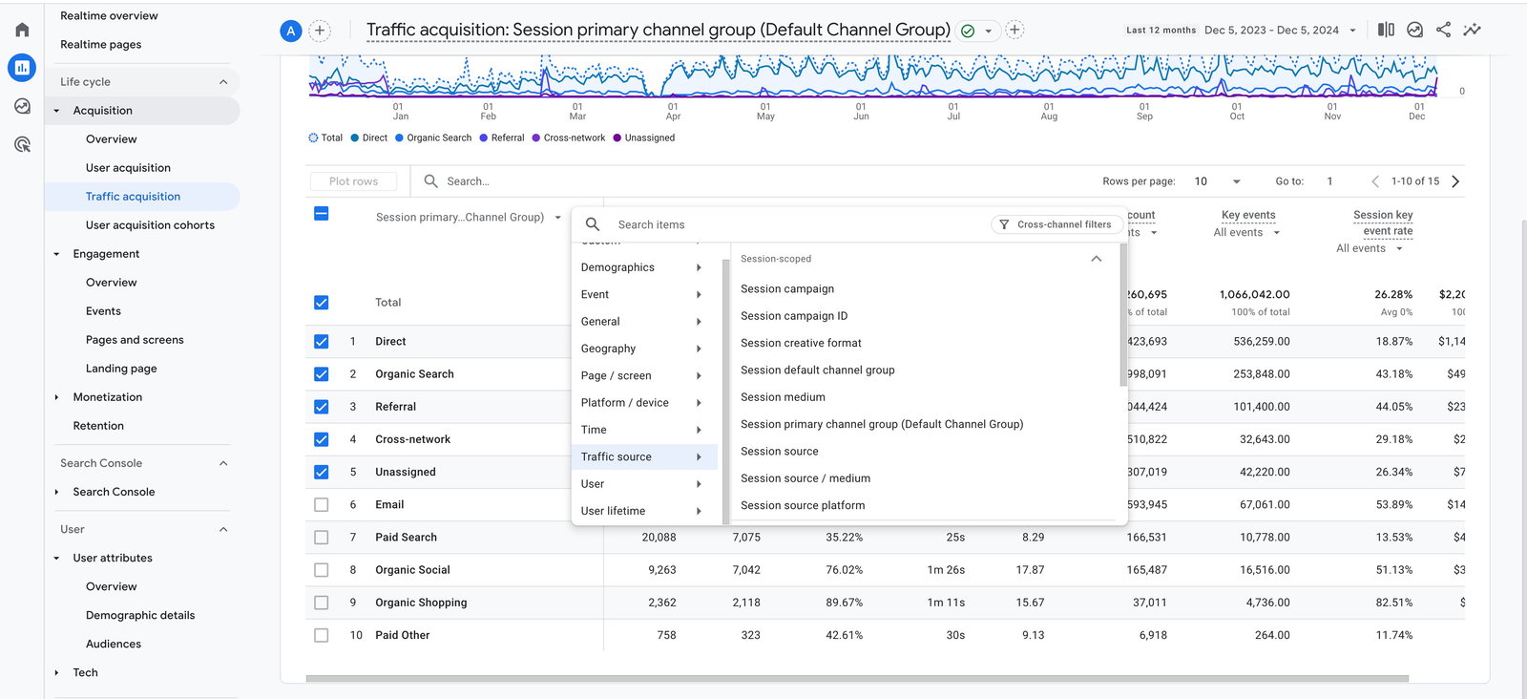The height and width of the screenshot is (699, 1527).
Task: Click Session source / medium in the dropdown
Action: pos(805,478)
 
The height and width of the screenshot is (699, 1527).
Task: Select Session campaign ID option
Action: pos(793,316)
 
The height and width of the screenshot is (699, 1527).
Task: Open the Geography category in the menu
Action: pos(608,349)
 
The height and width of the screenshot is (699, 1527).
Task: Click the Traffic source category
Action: pos(617,456)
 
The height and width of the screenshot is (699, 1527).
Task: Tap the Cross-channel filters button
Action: pos(1056,224)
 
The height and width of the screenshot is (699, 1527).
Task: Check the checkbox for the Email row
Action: pos(322,505)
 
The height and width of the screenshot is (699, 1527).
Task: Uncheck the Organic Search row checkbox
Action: pos(322,374)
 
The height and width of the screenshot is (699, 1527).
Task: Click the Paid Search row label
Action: pos(406,538)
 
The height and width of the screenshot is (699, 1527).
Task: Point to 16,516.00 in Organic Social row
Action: pos(1265,570)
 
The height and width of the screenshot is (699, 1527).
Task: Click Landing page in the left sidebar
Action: pos(121,369)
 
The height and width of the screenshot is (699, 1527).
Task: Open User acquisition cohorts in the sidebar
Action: pos(150,225)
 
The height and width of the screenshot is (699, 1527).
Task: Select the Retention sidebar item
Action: pos(98,426)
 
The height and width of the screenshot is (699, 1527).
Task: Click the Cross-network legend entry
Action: pos(574,138)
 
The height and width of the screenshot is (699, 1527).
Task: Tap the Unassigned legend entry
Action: pos(649,138)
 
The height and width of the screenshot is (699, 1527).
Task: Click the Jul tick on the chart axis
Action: pos(953,112)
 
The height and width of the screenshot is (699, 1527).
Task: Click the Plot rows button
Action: pos(353,181)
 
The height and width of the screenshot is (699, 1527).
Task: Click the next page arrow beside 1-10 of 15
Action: pos(1455,181)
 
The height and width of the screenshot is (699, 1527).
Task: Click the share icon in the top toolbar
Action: pos(1443,30)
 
